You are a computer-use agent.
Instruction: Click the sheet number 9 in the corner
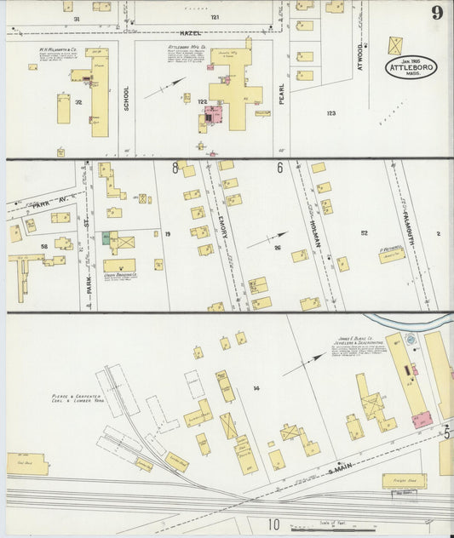click(436, 12)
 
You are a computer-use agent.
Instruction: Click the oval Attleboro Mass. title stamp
click(411, 67)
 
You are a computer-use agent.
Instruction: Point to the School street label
click(126, 100)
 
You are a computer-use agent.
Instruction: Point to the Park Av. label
click(32, 205)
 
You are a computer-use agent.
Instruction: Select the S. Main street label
click(317, 463)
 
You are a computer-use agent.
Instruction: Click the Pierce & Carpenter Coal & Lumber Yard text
click(76, 399)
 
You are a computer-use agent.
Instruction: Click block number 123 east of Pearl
click(330, 112)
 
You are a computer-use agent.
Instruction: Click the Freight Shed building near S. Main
click(404, 481)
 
